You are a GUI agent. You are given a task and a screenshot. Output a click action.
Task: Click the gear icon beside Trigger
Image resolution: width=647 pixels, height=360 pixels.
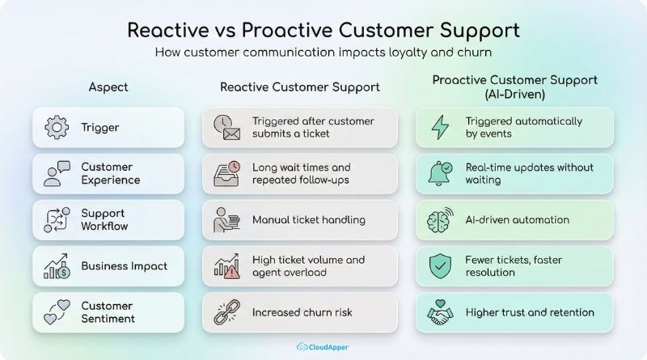[57, 128]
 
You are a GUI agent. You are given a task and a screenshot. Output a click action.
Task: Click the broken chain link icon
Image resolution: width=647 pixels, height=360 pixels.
[226, 312]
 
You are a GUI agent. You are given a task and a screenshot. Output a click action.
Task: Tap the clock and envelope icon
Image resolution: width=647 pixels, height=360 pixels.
[226, 128]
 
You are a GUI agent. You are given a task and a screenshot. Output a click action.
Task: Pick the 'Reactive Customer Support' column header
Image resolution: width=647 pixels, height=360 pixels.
[299, 87]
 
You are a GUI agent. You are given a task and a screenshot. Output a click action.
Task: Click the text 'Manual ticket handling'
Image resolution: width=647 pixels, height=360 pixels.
[309, 220]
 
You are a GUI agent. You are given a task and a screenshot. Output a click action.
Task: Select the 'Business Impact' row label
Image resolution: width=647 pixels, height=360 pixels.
[124, 266]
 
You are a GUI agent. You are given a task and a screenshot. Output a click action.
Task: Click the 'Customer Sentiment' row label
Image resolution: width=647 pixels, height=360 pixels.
[107, 312]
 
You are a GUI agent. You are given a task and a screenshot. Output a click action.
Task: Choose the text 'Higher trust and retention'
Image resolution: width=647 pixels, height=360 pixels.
[530, 312]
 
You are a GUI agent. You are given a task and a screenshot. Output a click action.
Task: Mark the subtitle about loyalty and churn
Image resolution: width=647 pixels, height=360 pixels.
[323, 53]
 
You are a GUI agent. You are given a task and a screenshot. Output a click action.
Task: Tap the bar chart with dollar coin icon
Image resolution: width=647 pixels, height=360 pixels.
[57, 266]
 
